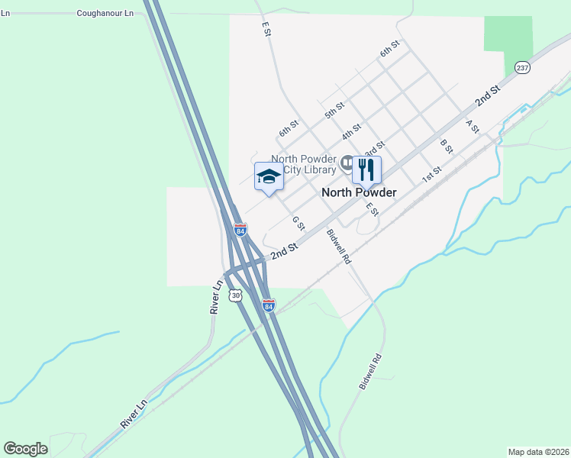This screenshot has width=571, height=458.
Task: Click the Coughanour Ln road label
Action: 105,14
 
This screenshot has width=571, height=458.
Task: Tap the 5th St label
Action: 334,110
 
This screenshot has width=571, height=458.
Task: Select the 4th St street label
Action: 351,131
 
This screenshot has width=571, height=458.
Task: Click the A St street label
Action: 472,126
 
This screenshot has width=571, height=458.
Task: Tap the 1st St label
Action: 432,176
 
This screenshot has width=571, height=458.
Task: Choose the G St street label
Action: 298,223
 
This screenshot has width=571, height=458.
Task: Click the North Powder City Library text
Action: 304,164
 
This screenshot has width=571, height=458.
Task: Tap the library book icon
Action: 347,163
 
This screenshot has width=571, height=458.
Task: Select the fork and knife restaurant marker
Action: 366,170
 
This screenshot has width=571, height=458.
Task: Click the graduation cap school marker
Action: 268,176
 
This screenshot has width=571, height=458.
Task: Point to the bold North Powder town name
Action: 359,192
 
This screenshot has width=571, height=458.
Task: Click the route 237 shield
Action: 522,68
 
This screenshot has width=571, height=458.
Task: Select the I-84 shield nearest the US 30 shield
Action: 268,305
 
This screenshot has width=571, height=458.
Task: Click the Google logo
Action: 25,449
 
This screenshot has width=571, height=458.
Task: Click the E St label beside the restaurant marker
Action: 372,208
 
